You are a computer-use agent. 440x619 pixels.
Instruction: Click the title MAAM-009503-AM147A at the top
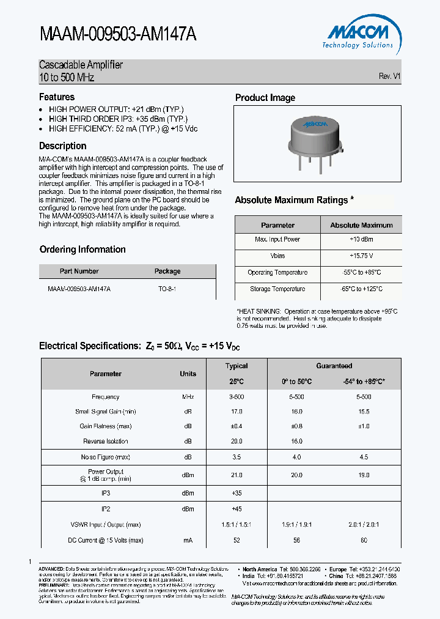click(x=118, y=35)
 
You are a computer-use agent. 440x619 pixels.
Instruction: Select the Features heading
click(x=57, y=97)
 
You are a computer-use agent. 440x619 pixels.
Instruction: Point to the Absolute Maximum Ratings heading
click(x=294, y=200)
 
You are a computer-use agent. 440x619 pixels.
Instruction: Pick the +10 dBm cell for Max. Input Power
click(x=361, y=239)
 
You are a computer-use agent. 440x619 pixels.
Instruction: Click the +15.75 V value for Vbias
click(x=361, y=256)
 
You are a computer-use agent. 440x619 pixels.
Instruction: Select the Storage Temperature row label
click(x=277, y=289)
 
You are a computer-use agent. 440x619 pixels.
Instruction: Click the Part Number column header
click(x=79, y=271)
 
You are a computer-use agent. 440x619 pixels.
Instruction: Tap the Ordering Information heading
click(x=82, y=249)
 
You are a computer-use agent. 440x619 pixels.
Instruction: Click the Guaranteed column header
click(x=334, y=366)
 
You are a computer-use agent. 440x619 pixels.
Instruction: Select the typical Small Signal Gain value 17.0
click(x=237, y=412)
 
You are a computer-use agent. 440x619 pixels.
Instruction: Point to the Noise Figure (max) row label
click(x=106, y=457)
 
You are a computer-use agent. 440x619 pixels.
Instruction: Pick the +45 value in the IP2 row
click(x=237, y=508)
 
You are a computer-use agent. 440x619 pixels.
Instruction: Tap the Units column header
click(x=188, y=374)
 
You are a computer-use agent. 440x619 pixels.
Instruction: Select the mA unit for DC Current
click(x=188, y=540)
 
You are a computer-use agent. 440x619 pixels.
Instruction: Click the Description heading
click(x=62, y=146)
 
